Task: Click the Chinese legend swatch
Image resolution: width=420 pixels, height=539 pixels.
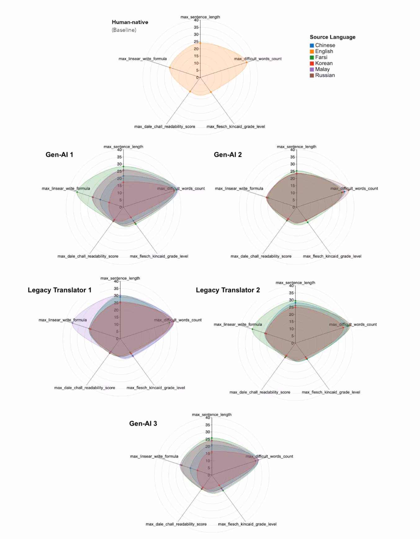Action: tap(312, 45)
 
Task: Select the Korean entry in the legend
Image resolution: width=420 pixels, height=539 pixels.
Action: tap(324, 63)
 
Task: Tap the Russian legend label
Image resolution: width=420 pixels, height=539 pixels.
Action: tap(325, 75)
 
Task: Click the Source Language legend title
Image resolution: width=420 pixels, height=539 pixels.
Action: tap(332, 37)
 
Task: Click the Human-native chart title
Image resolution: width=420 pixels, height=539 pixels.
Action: tap(130, 22)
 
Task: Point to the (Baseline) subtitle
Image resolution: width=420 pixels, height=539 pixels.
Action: tap(124, 30)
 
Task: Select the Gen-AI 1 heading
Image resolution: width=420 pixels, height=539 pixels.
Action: tap(59, 155)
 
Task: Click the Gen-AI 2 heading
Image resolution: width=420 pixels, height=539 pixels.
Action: tap(228, 155)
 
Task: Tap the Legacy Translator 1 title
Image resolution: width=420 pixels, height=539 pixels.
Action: tap(60, 290)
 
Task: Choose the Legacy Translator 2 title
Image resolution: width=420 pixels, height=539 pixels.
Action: tap(228, 290)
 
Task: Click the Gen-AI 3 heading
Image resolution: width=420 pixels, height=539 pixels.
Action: tap(143, 423)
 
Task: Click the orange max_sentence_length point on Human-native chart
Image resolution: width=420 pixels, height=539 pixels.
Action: tap(200, 43)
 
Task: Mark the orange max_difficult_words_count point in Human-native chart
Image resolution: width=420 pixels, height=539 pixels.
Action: tap(247, 62)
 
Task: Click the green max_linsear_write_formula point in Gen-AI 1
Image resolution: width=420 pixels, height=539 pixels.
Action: tap(77, 192)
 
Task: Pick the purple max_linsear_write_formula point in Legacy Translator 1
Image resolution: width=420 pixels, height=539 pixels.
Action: tap(73, 323)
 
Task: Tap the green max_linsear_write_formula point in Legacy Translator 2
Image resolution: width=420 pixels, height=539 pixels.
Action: tap(252, 329)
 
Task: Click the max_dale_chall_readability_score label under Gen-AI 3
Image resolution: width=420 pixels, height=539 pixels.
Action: tap(176, 524)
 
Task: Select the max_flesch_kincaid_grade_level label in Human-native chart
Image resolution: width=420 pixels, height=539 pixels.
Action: tap(236, 127)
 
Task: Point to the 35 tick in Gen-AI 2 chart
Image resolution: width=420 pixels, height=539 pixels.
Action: tap(292, 157)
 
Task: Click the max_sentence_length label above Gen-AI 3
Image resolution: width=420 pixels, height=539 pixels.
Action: tap(212, 415)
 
